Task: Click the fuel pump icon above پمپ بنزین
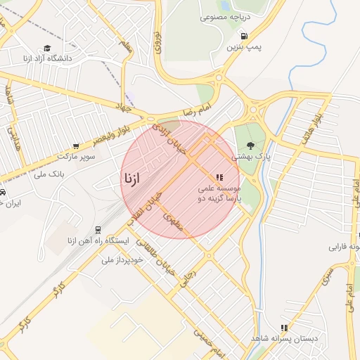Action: (244, 36)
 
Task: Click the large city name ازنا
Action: (131, 178)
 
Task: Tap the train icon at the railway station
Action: (97, 230)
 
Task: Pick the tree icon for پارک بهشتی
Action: (251, 146)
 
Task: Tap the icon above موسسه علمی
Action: (219, 178)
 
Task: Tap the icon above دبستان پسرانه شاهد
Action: (284, 328)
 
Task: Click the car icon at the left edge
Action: (3, 191)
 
